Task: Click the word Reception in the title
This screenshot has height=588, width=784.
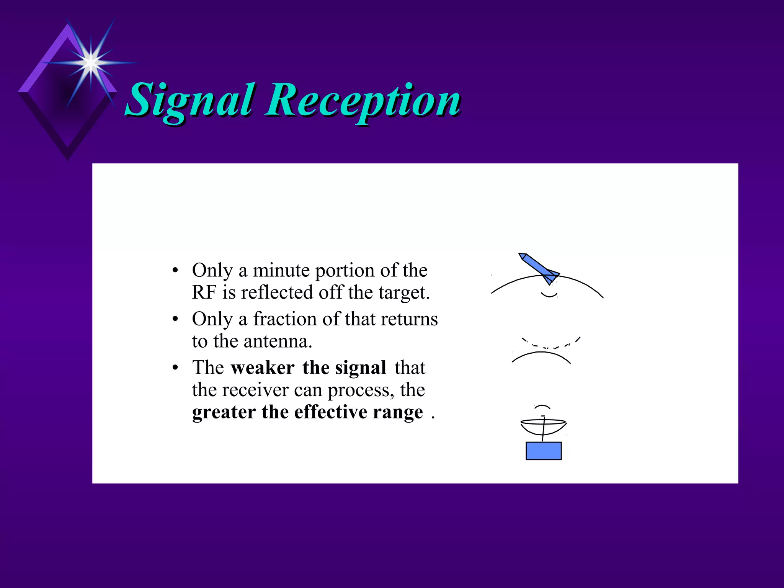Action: point(364,100)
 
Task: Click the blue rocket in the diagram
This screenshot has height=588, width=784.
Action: point(538,268)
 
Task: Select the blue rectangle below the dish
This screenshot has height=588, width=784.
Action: point(543,451)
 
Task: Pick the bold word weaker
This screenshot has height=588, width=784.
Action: point(263,367)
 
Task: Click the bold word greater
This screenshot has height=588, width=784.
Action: point(224,413)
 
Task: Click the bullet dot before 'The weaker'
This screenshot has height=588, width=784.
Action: point(175,368)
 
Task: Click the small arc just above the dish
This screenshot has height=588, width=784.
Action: point(542,407)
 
